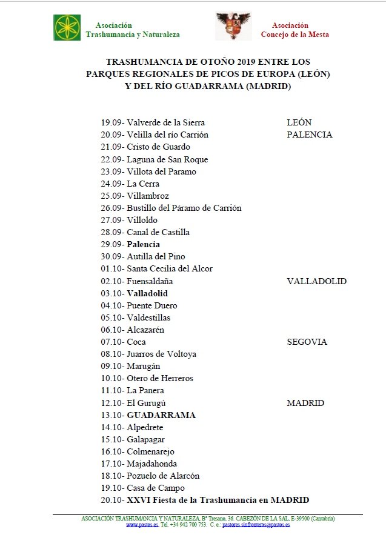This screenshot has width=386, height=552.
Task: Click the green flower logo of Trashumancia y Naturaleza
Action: click(x=67, y=27)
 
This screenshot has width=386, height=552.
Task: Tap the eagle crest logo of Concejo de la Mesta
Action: click(x=233, y=27)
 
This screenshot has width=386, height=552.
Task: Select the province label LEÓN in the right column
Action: click(x=299, y=122)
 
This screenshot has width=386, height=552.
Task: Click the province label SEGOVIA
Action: click(x=307, y=342)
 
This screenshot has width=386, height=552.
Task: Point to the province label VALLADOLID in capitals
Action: click(x=316, y=281)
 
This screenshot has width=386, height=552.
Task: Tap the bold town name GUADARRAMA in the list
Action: click(x=161, y=415)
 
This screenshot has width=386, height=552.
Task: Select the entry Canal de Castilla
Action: click(x=158, y=232)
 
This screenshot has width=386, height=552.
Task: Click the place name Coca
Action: click(x=136, y=342)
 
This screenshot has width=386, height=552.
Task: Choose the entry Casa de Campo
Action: click(x=156, y=488)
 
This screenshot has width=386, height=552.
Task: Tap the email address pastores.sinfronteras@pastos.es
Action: click(x=256, y=525)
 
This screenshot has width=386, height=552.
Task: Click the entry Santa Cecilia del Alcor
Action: click(x=170, y=268)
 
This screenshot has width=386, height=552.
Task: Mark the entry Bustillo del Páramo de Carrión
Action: click(x=184, y=208)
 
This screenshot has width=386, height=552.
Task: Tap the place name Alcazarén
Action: click(x=145, y=330)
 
